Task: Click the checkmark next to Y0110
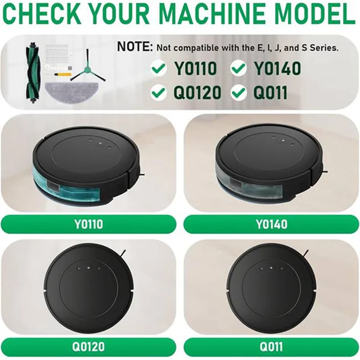158,69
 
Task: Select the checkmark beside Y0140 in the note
238,69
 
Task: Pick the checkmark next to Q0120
158,93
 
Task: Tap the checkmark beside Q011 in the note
238,93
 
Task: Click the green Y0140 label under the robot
271,224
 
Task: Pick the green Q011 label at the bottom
271,347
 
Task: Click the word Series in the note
322,47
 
